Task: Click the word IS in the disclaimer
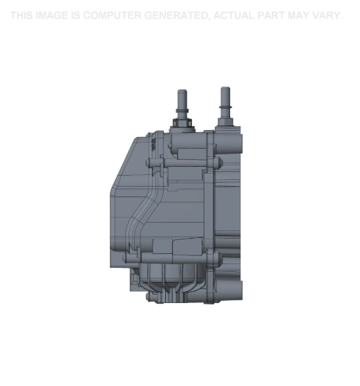(75, 15)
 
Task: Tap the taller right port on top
(225, 100)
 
